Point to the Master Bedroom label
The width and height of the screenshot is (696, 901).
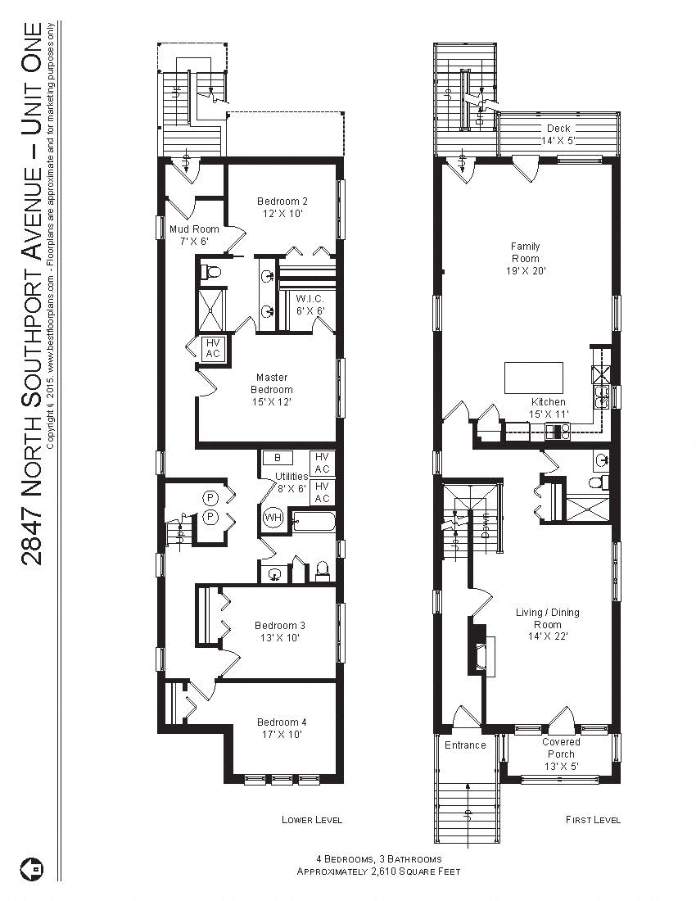click(272, 390)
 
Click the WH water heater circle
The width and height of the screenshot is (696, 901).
click(272, 518)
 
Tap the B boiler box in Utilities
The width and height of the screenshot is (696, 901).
click(278, 458)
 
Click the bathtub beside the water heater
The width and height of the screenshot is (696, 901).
click(314, 521)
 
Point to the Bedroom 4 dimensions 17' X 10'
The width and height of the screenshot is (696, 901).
click(281, 735)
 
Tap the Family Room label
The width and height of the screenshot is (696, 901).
click(525, 258)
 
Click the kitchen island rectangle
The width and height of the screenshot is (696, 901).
click(534, 378)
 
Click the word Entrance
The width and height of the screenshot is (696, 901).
click(465, 745)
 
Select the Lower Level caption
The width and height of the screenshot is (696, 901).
click(311, 820)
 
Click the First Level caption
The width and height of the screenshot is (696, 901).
click(593, 820)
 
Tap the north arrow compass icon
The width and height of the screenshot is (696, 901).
click(31, 867)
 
